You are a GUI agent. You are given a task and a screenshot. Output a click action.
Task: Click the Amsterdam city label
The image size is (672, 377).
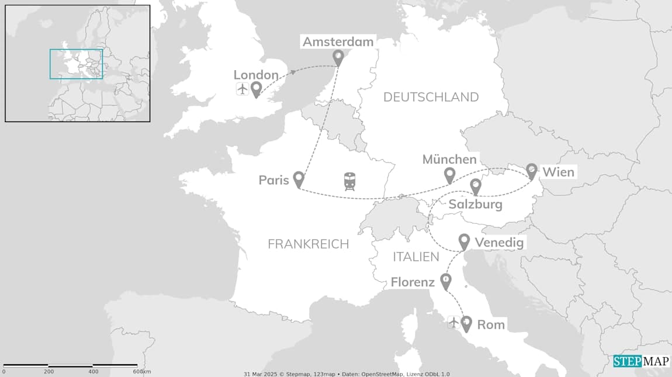(338, 41)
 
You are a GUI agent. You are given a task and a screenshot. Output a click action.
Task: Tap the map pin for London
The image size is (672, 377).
(256, 89)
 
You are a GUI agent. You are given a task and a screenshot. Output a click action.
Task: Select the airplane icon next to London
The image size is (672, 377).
(242, 89)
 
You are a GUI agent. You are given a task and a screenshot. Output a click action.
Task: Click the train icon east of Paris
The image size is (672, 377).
(350, 181)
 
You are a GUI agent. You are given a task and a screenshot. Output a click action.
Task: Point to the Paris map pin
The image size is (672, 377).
(299, 179)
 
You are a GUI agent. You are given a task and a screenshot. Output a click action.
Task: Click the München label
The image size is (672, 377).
(449, 160)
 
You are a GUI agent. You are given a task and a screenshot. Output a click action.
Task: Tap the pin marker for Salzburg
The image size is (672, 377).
(476, 186)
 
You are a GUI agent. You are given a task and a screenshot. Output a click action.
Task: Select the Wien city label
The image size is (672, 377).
(558, 172)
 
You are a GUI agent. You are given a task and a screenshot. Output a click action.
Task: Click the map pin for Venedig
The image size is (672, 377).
(464, 241)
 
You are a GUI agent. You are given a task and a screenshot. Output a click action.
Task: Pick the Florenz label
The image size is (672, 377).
(413, 283)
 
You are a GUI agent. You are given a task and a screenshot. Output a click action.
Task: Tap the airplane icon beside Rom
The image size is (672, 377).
(453, 322)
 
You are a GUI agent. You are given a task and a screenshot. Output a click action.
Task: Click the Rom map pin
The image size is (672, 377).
(466, 323)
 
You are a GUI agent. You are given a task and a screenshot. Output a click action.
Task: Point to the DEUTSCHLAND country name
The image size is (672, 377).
(431, 97)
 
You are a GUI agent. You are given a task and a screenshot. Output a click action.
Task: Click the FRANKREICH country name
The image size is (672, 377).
(308, 244)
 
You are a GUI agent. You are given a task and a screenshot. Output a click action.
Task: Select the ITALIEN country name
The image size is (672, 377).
(415, 257)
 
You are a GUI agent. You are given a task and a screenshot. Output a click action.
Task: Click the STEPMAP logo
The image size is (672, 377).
(641, 361)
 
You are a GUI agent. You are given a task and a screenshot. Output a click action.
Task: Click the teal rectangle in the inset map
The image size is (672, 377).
(76, 64)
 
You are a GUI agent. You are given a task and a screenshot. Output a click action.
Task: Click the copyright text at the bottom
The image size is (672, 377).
(347, 373)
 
